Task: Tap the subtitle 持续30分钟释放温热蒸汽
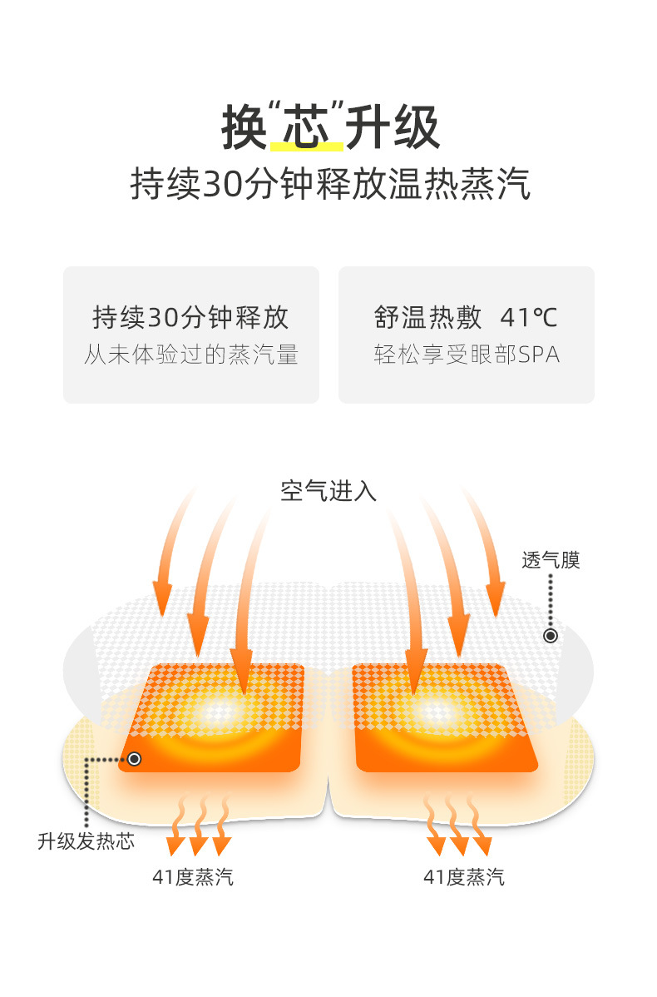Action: click(330, 184)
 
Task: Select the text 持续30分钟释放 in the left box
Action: click(190, 317)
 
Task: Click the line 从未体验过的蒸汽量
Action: click(190, 355)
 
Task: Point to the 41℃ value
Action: click(529, 317)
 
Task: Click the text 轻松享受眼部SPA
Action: click(467, 355)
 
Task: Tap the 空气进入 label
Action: click(328, 491)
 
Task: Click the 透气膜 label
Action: click(551, 560)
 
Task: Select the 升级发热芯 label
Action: click(86, 841)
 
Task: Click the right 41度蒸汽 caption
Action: click(464, 877)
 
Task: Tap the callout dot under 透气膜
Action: click(551, 636)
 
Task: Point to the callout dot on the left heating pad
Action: click(134, 759)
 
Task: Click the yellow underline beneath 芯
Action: click(307, 147)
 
